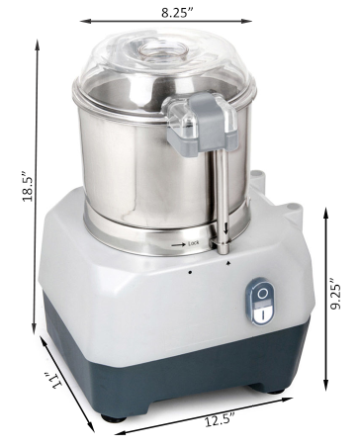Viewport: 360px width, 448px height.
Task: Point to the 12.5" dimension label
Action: [x=219, y=419]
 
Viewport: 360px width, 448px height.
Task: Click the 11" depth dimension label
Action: [x=52, y=382]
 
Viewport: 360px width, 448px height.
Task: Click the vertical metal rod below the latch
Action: [x=224, y=193]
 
